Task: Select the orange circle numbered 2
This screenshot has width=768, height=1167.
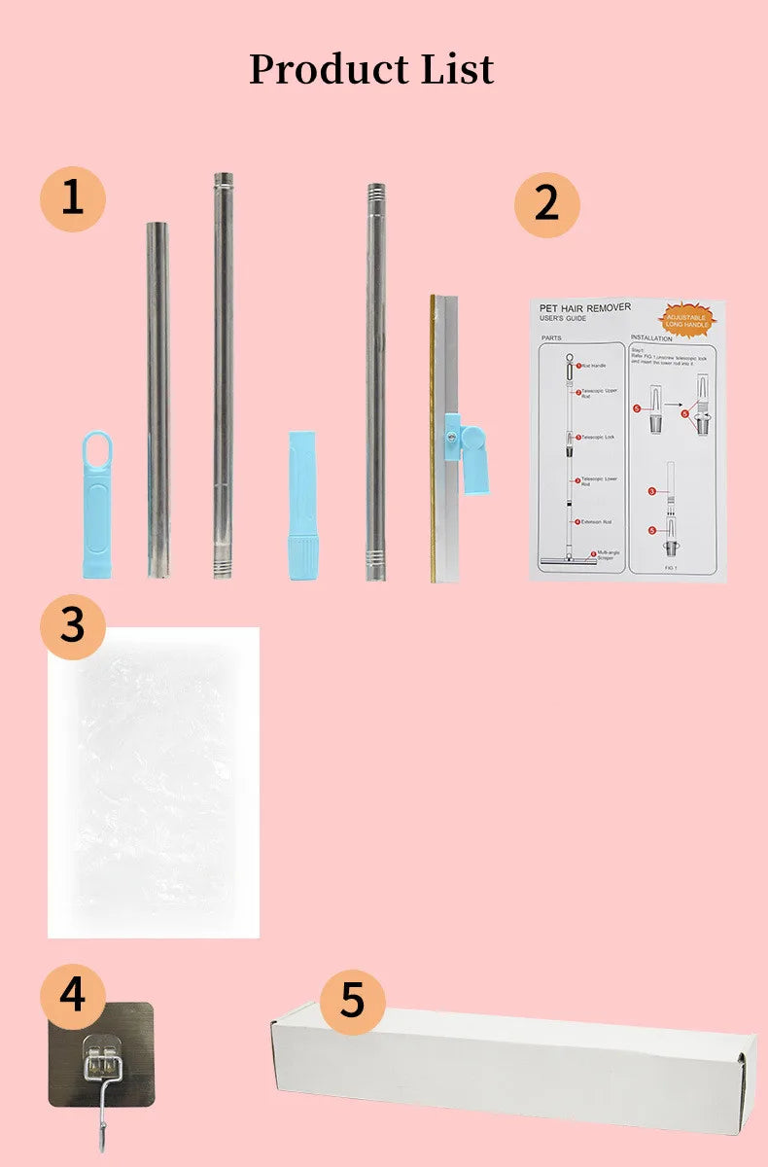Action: tap(546, 204)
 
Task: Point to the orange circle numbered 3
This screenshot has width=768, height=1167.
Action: tap(73, 625)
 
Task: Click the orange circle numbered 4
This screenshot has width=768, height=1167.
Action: tap(73, 995)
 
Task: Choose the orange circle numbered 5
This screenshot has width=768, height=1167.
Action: tap(352, 1000)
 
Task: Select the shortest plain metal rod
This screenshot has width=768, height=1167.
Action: tap(158, 399)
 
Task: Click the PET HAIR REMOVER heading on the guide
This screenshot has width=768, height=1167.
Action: tap(585, 307)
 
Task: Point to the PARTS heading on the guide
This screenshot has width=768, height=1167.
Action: tap(550, 338)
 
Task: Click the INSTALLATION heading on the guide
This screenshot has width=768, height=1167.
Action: tap(652, 338)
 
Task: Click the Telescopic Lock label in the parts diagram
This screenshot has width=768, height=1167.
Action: tap(597, 438)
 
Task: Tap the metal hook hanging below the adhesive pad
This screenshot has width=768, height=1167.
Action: tap(101, 1126)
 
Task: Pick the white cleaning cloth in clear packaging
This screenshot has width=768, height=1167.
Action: tap(154, 783)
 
